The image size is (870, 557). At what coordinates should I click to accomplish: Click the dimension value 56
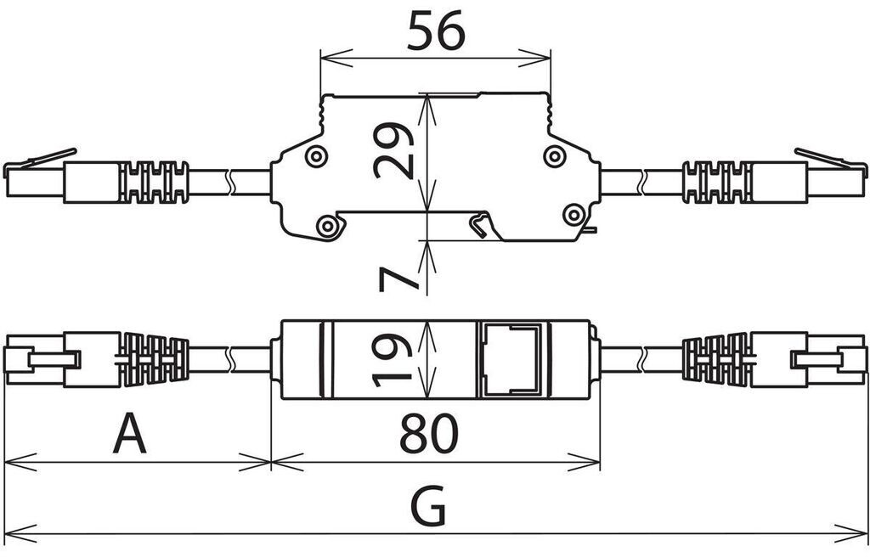436,31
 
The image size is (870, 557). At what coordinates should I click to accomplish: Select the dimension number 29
394,149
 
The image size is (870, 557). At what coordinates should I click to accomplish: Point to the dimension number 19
392,360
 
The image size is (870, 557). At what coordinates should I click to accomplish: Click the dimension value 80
429,433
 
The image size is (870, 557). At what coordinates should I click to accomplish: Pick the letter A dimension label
129,433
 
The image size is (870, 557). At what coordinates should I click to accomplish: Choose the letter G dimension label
428,506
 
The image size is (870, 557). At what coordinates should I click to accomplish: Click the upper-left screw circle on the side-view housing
316,157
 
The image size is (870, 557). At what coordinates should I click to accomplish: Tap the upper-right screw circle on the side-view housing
555,156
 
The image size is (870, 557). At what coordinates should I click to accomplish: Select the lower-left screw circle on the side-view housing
327,227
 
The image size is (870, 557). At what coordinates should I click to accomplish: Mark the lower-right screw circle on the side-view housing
573,215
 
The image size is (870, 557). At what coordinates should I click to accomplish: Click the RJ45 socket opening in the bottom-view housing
511,359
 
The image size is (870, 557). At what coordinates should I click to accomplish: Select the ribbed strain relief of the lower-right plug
716,359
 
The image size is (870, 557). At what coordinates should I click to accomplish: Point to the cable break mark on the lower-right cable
642,359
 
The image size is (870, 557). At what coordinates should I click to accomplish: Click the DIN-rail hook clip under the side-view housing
480,224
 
